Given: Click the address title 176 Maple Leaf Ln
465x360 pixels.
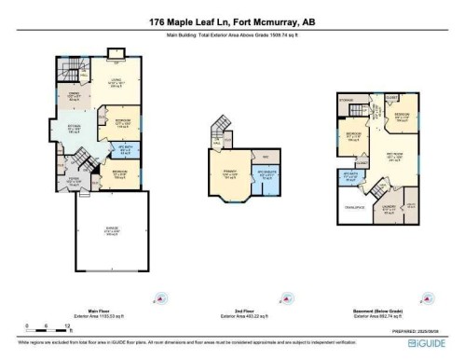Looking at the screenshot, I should pyautogui.click(x=232, y=22).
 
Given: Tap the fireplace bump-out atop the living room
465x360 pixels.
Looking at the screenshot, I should pyautogui.click(x=116, y=53).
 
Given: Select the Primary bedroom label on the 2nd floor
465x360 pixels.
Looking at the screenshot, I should pyautogui.click(x=229, y=173).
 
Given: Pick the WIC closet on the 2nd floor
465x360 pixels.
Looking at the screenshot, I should pyautogui.click(x=265, y=155).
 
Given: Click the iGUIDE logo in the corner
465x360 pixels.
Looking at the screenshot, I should pyautogui.click(x=435, y=341).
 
